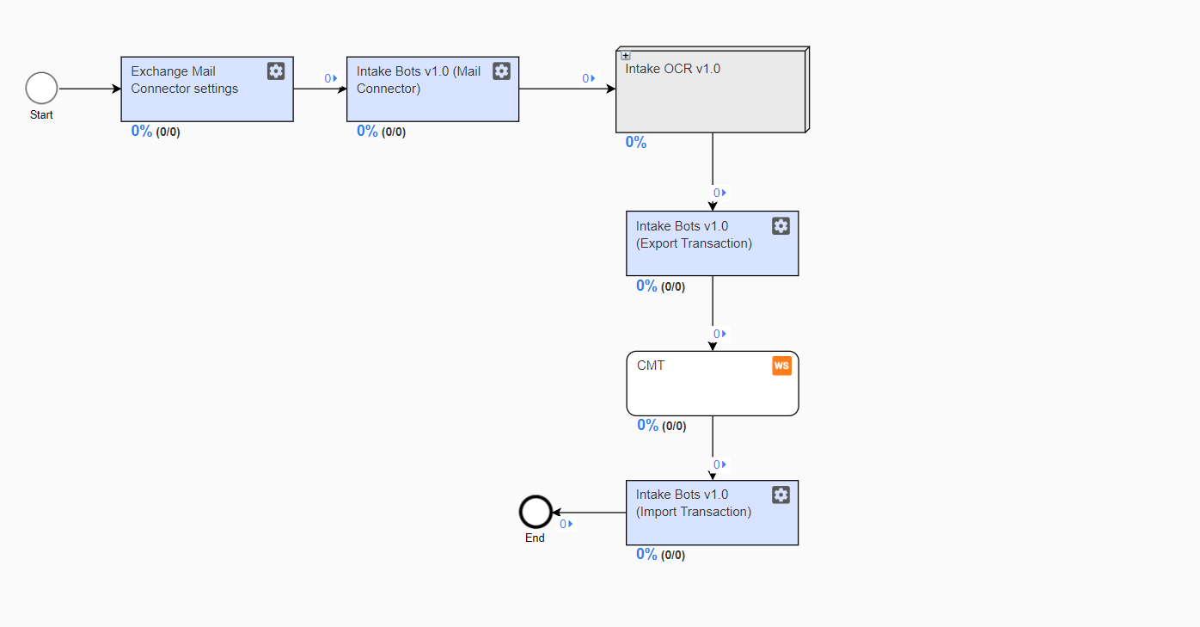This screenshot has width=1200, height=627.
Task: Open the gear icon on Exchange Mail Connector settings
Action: point(276,71)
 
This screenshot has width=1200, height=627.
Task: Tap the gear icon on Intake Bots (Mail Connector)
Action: point(501,71)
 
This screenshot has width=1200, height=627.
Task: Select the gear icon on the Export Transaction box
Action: point(781,226)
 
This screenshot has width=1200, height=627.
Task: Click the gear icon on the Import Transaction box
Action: point(781,495)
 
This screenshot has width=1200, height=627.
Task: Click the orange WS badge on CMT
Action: point(781,366)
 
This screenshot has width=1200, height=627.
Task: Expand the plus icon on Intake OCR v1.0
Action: point(626,55)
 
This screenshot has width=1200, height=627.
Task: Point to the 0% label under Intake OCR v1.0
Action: point(636,142)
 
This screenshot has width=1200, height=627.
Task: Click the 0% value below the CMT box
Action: point(647,425)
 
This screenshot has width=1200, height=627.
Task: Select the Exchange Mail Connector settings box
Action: point(207,89)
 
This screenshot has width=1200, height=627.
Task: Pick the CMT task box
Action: point(713,384)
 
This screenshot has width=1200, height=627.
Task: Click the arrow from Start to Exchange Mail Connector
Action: point(89,89)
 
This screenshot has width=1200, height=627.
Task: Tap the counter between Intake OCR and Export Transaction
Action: point(719,193)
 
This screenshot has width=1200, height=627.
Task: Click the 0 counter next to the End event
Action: point(566,524)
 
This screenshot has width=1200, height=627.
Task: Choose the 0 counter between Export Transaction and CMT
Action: point(719,334)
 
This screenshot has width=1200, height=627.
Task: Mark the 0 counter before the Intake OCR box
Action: point(589,79)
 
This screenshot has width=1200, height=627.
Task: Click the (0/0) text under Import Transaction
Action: point(673,556)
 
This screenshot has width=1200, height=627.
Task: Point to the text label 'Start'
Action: point(41,114)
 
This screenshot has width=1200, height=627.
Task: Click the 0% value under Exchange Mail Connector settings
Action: point(142,131)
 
